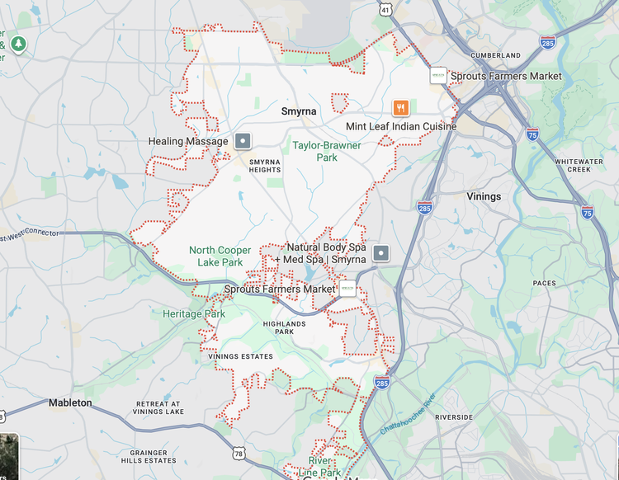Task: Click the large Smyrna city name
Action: (x=298, y=111)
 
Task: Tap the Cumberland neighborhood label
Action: (x=495, y=55)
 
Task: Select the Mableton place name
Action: (x=70, y=402)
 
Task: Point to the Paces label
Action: (x=545, y=283)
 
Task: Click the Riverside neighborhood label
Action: (x=454, y=417)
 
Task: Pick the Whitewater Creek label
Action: (x=573, y=165)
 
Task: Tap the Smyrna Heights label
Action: (x=265, y=166)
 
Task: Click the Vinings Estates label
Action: (x=240, y=356)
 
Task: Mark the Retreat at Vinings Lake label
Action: (x=158, y=407)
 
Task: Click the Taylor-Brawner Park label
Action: (x=327, y=152)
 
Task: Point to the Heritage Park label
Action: (x=194, y=314)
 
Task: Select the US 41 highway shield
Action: (x=385, y=10)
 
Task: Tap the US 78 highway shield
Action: (x=239, y=453)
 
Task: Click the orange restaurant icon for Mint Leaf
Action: (x=400, y=107)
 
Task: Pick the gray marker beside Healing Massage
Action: (x=242, y=140)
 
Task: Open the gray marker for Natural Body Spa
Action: (x=380, y=252)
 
